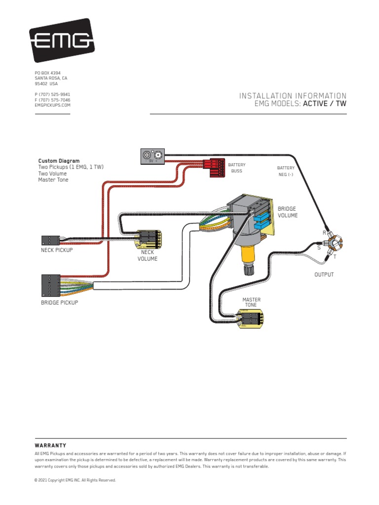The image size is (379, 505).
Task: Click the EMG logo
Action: pyautogui.click(x=62, y=40)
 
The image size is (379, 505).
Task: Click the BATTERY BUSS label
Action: pyautogui.click(x=236, y=168)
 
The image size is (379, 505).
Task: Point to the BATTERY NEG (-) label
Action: pyautogui.click(x=285, y=171)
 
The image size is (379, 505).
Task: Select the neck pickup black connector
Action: pyautogui.click(x=50, y=240)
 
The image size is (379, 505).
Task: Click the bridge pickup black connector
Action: pyautogui.click(x=51, y=285)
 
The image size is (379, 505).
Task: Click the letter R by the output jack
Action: pyautogui.click(x=324, y=232)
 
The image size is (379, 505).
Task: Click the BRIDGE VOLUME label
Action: pyautogui.click(x=288, y=212)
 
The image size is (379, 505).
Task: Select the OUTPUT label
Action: pyautogui.click(x=324, y=274)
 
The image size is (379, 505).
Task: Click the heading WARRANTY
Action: pyautogui.click(x=50, y=445)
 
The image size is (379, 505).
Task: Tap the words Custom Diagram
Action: pyautogui.click(x=59, y=161)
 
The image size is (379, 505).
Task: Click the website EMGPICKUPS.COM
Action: pyautogui.click(x=52, y=105)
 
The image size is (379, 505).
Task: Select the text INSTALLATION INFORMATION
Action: pyautogui.click(x=293, y=96)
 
